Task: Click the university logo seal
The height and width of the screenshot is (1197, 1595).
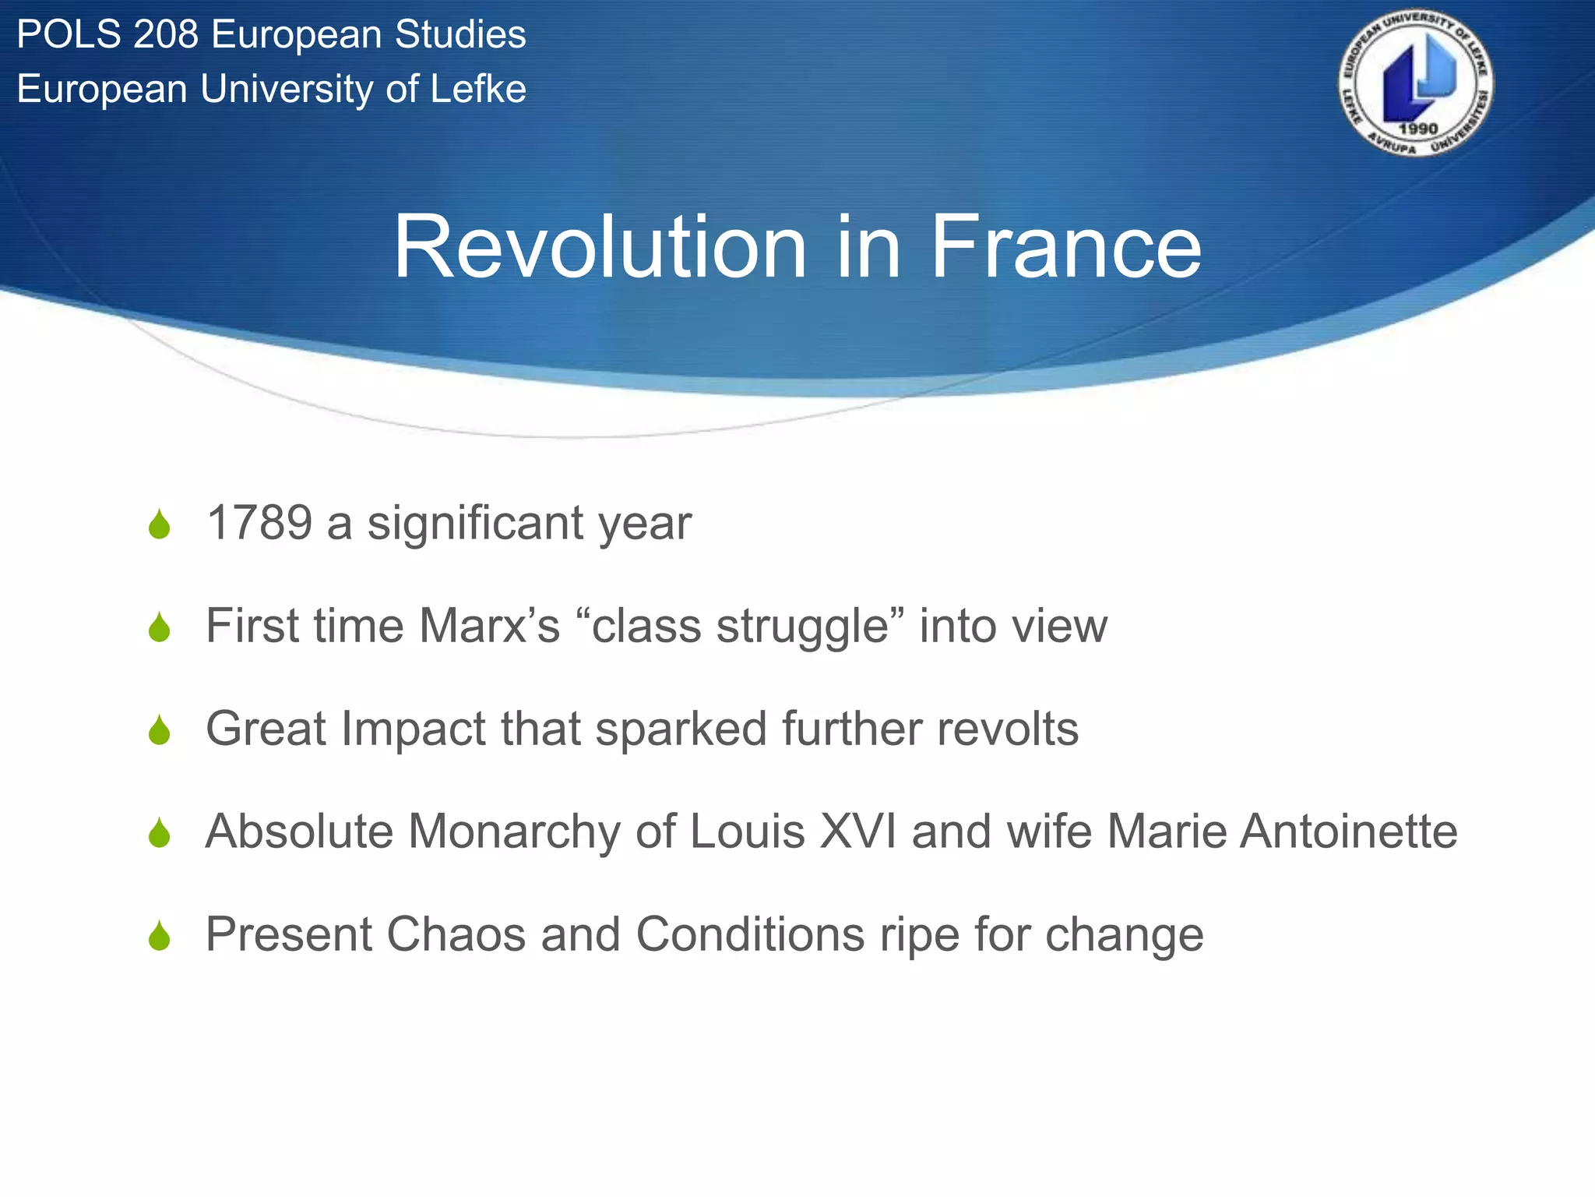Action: pyautogui.click(x=1416, y=83)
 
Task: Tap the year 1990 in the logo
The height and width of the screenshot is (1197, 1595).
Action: pyautogui.click(x=1417, y=129)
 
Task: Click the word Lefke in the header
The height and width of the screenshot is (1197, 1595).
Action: pyautogui.click(x=478, y=89)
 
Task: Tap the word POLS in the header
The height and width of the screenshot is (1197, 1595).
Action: pyautogui.click(x=69, y=35)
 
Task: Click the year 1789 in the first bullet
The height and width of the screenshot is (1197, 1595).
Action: pyautogui.click(x=259, y=523)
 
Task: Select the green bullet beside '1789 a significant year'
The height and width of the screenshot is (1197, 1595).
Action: pyautogui.click(x=160, y=524)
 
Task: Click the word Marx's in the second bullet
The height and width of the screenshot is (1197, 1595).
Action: pyautogui.click(x=489, y=626)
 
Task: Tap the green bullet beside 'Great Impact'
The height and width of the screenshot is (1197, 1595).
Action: pyautogui.click(x=160, y=730)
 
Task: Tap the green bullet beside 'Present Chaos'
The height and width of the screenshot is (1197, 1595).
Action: pyautogui.click(x=160, y=936)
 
